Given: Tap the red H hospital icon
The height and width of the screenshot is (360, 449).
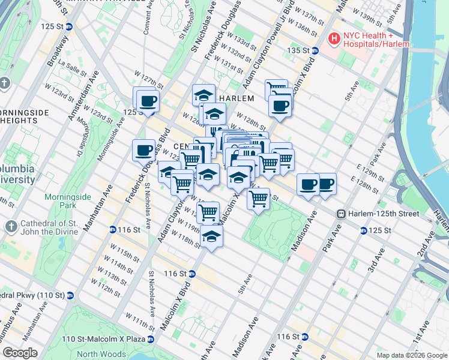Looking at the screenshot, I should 334,38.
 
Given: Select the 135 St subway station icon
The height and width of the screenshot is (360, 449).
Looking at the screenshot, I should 315,50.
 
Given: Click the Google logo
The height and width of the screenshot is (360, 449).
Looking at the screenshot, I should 20,353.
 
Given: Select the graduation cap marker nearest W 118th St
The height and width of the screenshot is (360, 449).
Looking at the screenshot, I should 211,236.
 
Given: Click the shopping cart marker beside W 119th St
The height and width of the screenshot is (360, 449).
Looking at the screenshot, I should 208,211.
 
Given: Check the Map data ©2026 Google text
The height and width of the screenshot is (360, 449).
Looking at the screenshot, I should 412,355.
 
